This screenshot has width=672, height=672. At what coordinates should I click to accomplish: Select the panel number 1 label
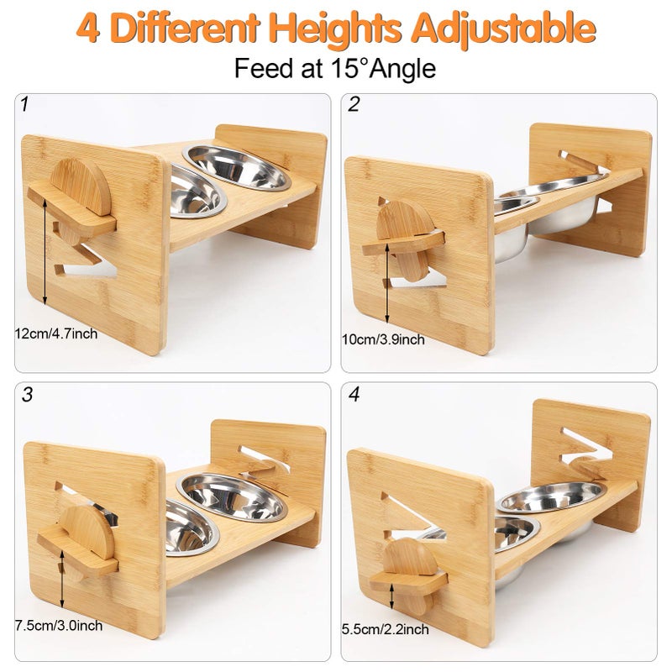point(25,105)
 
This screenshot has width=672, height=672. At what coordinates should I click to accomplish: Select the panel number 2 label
point(354,105)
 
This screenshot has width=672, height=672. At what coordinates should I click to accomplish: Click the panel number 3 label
point(27,395)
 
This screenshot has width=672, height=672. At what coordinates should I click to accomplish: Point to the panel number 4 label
point(354,395)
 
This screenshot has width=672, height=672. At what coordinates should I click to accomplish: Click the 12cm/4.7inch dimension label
point(56,333)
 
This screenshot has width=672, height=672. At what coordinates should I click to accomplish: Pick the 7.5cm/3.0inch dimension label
point(59,625)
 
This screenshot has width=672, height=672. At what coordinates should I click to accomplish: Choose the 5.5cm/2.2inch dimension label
point(386,629)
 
